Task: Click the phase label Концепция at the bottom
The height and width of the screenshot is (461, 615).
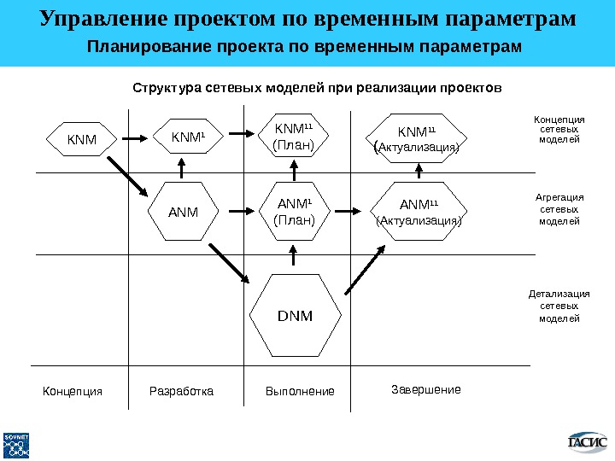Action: coord(73,392)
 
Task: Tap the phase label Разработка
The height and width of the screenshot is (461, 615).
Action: coord(181,392)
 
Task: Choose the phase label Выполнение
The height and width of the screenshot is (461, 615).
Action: coord(300,392)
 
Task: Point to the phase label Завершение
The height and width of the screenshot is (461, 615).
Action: coord(425,389)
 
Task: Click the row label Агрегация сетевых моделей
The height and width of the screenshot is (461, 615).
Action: coord(559,209)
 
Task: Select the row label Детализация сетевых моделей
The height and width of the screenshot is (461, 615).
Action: coord(559,306)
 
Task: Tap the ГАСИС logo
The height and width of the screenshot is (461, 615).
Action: coord(588,441)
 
